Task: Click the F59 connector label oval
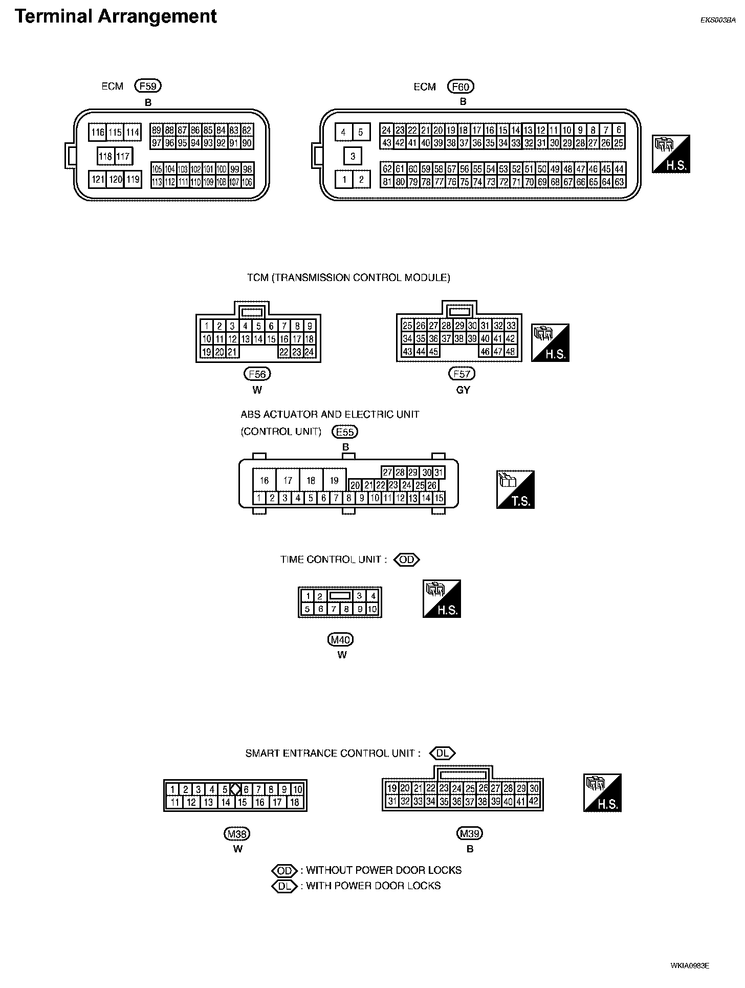[148, 86]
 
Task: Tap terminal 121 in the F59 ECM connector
[97, 179]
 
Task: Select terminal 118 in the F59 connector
[105, 156]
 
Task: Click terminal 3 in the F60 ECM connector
[353, 156]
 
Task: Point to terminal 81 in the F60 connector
[387, 182]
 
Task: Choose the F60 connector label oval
[461, 87]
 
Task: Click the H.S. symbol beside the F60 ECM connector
[671, 154]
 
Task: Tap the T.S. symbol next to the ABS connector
[515, 489]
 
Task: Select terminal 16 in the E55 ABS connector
[264, 481]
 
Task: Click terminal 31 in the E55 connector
[439, 472]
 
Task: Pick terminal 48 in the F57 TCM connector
[510, 352]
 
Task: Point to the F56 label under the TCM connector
[257, 374]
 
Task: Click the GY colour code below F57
[463, 390]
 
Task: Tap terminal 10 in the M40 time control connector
[372, 609]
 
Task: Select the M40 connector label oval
[341, 639]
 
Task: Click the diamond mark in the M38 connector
[235, 789]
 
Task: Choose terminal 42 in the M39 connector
[534, 802]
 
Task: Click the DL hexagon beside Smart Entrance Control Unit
[442, 754]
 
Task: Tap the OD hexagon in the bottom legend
[284, 870]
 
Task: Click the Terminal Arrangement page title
[116, 16]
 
